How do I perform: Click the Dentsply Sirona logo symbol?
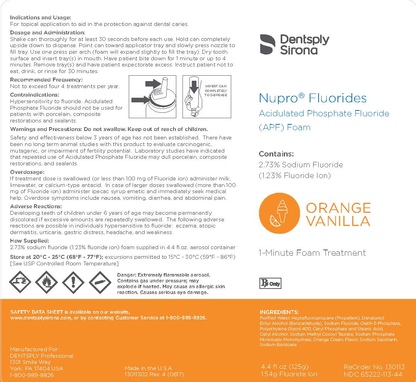tap(266, 44)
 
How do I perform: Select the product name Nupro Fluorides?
tap(312, 98)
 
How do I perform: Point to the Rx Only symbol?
tap(270, 284)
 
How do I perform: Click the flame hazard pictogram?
tap(46, 282)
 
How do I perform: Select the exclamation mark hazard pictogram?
tap(73, 282)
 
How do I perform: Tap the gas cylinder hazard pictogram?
tap(100, 282)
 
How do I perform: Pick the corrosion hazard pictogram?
tap(20, 282)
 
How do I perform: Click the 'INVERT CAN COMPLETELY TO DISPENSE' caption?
tap(216, 90)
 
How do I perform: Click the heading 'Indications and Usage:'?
tap(40, 17)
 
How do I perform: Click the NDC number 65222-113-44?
tap(373, 374)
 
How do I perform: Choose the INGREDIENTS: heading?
tap(279, 312)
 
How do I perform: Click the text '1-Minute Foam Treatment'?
tap(312, 253)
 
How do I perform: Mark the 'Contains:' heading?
tap(276, 153)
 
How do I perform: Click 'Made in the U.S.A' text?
tap(148, 368)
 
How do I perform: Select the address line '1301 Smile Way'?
tap(30, 362)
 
